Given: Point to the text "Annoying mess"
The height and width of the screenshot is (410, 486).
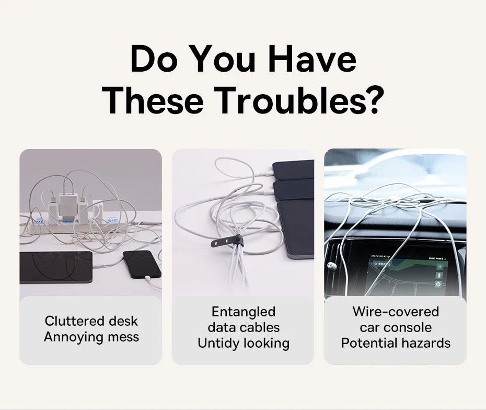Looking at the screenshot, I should (91, 337).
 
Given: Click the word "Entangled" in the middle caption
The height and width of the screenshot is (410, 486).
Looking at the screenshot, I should (243, 312).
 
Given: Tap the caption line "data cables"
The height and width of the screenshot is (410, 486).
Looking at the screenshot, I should (243, 327).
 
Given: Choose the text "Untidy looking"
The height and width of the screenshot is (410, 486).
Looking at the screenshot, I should (243, 343).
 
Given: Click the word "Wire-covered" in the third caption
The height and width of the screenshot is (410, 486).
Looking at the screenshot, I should (395, 312).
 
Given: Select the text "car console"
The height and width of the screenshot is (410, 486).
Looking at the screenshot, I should (395, 327).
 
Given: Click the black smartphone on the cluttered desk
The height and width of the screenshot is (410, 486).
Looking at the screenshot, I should (141, 264).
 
